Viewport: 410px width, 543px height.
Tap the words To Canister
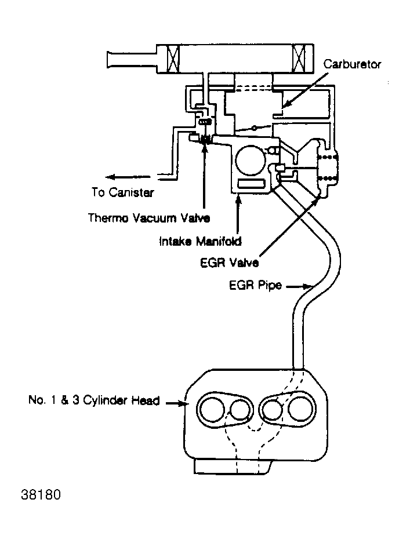[123, 192]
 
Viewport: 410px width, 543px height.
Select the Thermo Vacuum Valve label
[148, 218]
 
